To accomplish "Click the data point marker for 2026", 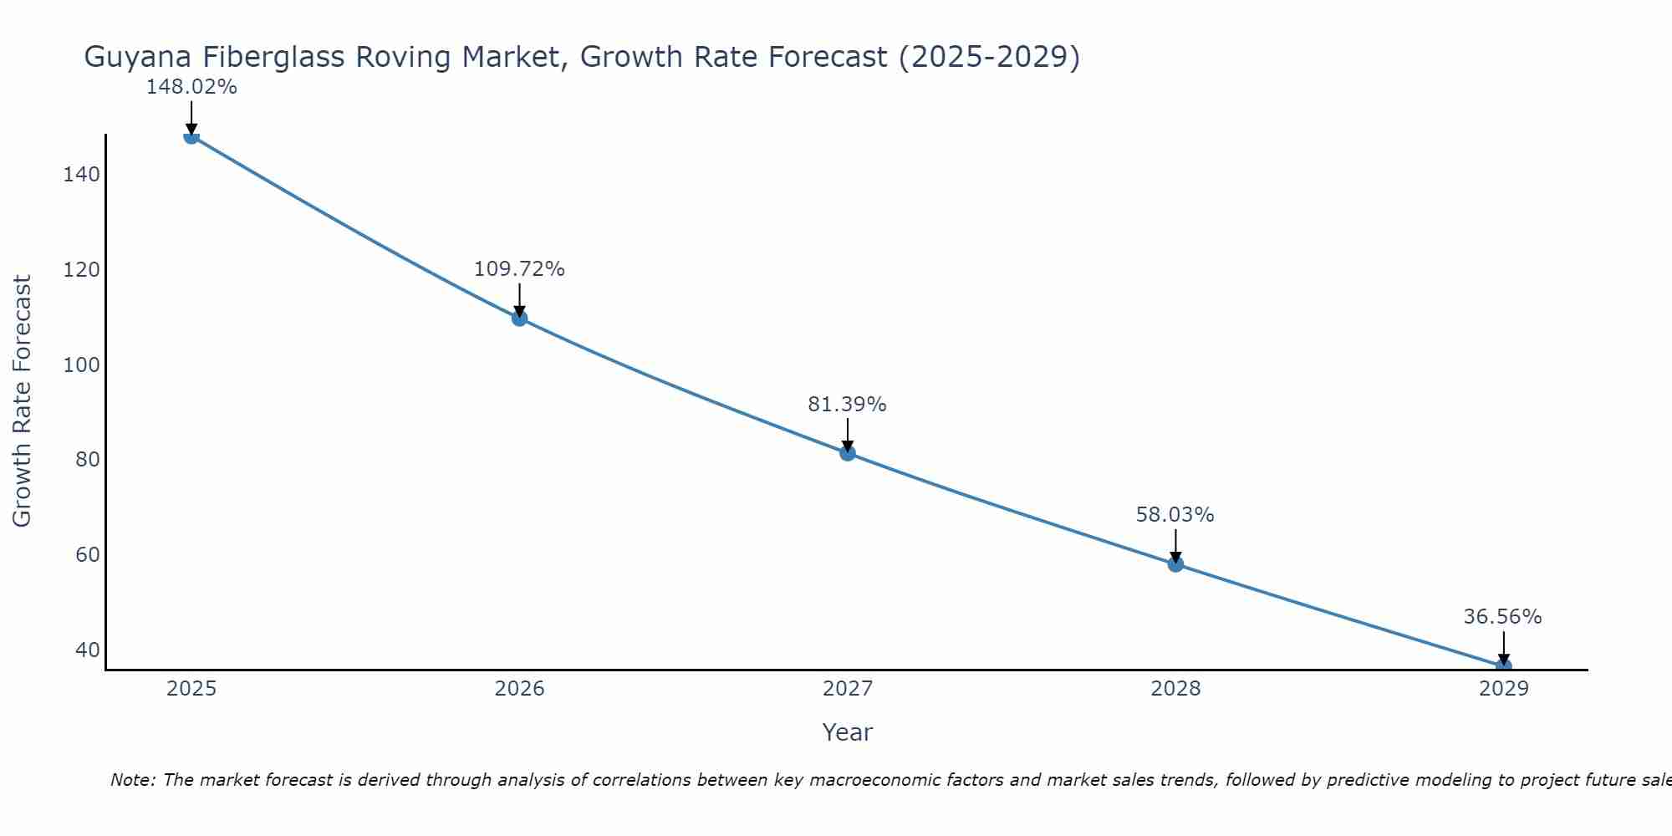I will [519, 318].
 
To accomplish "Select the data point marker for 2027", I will [848, 453].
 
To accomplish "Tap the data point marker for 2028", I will [1175, 564].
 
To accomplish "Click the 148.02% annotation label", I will [191, 87].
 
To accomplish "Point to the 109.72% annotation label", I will [519, 269].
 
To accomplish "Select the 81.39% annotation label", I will [847, 405].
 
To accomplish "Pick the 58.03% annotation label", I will [1175, 515].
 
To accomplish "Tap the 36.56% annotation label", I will [1502, 617].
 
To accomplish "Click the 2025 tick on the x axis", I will [191, 689].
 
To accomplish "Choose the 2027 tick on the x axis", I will [848, 689].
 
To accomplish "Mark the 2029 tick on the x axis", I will [1504, 689].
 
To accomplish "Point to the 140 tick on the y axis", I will [81, 175].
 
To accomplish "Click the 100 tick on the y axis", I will [81, 365].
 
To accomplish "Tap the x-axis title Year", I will [847, 732].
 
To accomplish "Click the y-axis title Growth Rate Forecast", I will [23, 401].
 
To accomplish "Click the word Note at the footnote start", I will [132, 780].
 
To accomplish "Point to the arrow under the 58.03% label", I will [1175, 545].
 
